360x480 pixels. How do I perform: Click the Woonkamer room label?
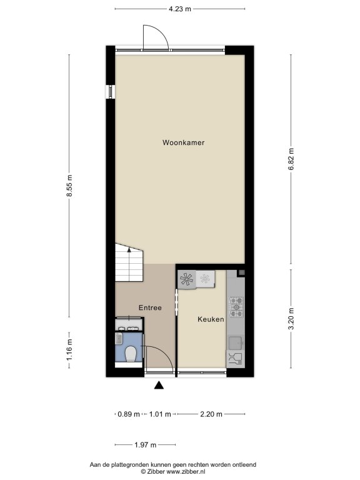(183, 142)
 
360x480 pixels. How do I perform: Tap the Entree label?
(150, 307)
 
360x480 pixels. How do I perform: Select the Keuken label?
(211, 319)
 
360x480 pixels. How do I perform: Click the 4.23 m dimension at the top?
(180, 9)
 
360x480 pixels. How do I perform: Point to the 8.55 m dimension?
(70, 186)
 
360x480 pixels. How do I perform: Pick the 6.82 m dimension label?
(291, 159)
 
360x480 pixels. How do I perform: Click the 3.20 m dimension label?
(291, 319)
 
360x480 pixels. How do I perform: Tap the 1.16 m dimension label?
(70, 349)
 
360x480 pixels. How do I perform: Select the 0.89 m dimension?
(129, 414)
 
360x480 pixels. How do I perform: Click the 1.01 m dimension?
(160, 414)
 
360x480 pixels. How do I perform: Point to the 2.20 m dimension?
(211, 414)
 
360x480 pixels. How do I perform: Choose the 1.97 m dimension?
(146, 445)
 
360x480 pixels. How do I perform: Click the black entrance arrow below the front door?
(159, 385)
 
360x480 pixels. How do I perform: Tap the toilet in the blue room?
(131, 354)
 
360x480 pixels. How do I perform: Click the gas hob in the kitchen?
(237, 307)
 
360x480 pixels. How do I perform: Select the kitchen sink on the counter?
(236, 342)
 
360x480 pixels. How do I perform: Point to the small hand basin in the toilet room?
(119, 339)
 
